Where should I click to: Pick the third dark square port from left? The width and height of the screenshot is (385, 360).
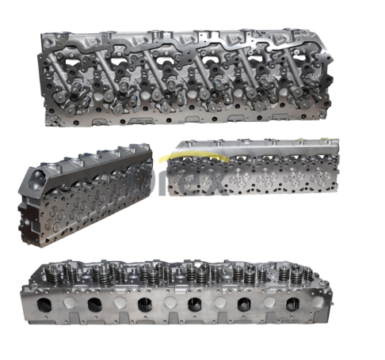point(143,305)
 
